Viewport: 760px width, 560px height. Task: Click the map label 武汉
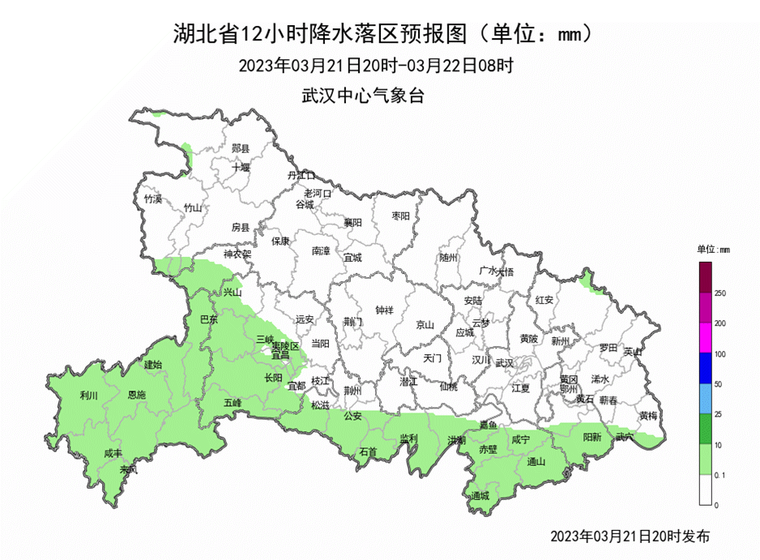click(x=504, y=362)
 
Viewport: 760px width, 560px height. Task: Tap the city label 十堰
click(x=241, y=168)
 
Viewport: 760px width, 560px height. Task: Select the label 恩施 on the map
click(x=137, y=395)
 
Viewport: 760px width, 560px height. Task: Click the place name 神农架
click(x=237, y=254)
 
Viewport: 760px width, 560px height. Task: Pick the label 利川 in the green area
click(x=88, y=395)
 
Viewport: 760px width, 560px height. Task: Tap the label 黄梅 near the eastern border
click(x=648, y=415)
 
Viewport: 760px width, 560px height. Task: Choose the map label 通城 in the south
click(x=480, y=495)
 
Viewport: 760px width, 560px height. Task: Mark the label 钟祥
click(x=385, y=310)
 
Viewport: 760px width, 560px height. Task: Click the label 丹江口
click(x=301, y=175)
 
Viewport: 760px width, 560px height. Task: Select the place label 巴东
click(x=209, y=319)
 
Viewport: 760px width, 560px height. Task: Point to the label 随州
click(x=448, y=257)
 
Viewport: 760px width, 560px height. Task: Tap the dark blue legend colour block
click(x=705, y=369)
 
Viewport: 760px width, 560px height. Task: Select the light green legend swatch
click(x=705, y=460)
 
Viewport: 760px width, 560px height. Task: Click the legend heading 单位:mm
click(x=714, y=249)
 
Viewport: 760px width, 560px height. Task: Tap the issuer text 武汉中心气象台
click(x=363, y=95)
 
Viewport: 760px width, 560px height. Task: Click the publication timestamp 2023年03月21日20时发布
click(x=630, y=536)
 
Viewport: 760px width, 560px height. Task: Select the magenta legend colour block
click(x=705, y=339)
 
